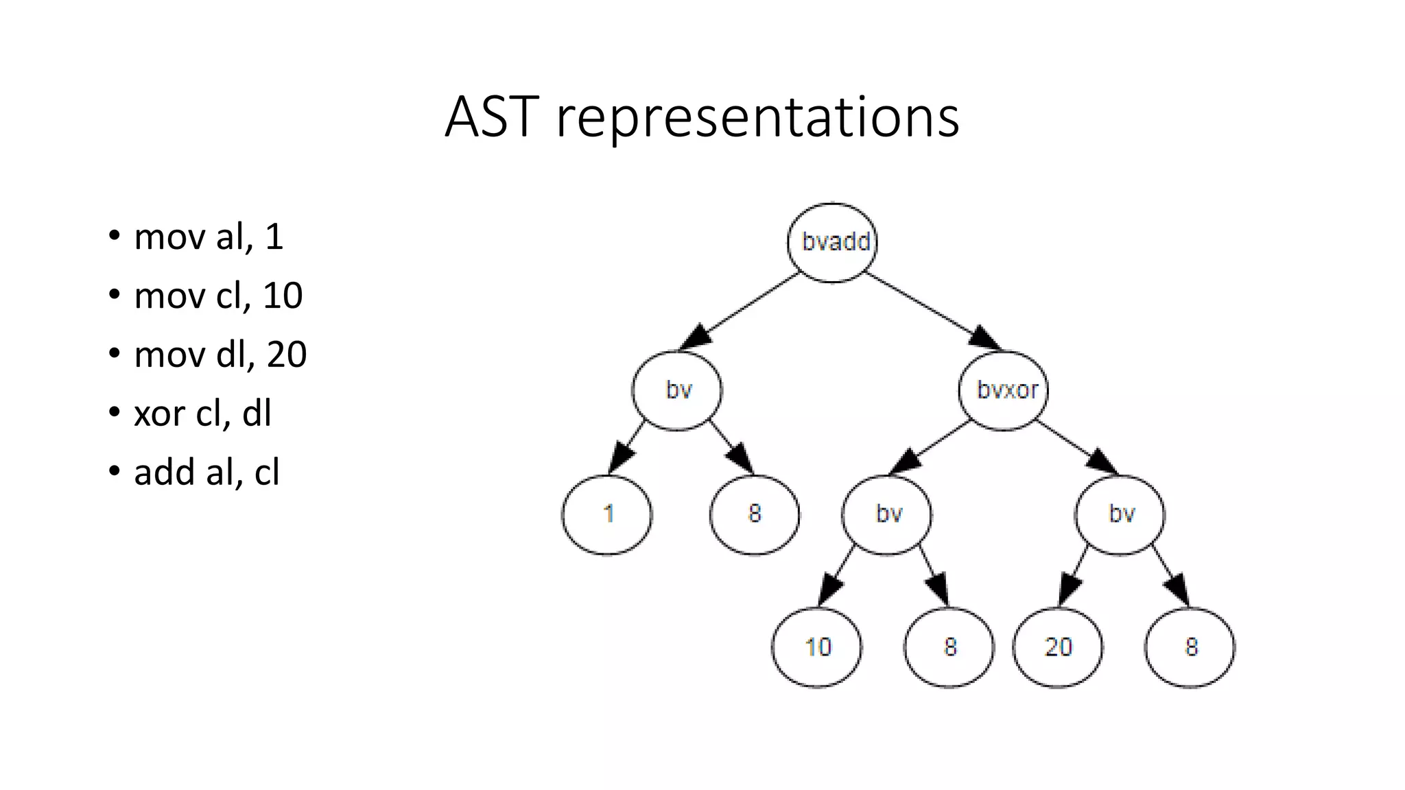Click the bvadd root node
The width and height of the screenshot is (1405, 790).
832,243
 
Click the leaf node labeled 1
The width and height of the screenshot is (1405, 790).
607,514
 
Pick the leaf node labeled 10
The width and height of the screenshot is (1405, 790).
817,647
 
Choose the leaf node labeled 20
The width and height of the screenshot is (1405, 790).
1058,647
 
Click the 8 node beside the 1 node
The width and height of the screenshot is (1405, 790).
755,514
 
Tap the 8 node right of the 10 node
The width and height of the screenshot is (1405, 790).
949,647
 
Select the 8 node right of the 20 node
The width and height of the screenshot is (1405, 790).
1190,647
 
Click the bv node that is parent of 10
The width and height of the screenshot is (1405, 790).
888,514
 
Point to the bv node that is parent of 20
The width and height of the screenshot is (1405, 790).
1120,514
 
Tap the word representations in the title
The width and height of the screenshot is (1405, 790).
757,118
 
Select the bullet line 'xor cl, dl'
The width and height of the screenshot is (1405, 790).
202,414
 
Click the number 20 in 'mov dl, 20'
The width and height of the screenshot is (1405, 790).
286,355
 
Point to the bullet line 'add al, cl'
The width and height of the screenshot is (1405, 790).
206,472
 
